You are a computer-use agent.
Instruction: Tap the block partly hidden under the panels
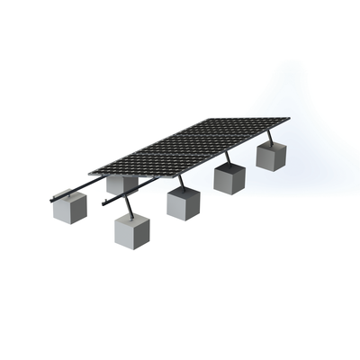[x=121, y=184]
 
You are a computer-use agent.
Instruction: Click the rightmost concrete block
[x=271, y=154]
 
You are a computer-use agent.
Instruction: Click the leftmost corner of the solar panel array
[x=89, y=172]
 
